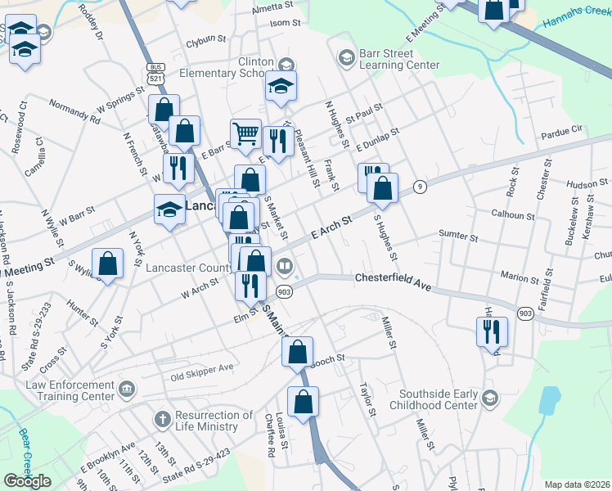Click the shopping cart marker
[x=245, y=133]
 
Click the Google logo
[x=27, y=481]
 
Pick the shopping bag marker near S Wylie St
[x=107, y=263]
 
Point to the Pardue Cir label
[x=560, y=129]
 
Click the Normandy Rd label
[x=74, y=110]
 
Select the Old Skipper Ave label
[x=201, y=375]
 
